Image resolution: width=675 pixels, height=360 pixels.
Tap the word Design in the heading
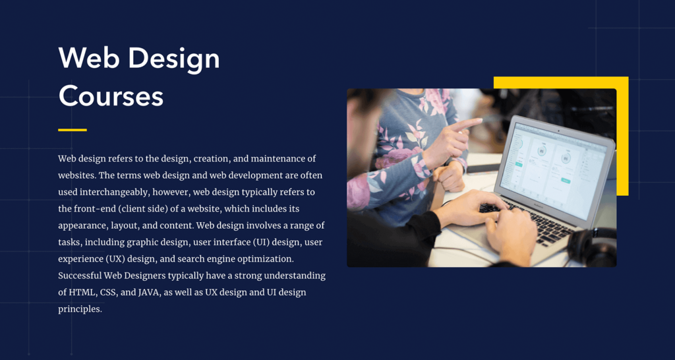tap(174, 59)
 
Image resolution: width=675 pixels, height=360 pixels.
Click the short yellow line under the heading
tap(73, 130)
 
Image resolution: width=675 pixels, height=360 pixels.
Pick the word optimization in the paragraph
tap(264, 259)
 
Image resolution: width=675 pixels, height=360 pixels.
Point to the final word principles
tap(80, 309)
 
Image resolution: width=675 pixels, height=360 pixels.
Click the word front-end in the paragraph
tap(94, 209)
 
